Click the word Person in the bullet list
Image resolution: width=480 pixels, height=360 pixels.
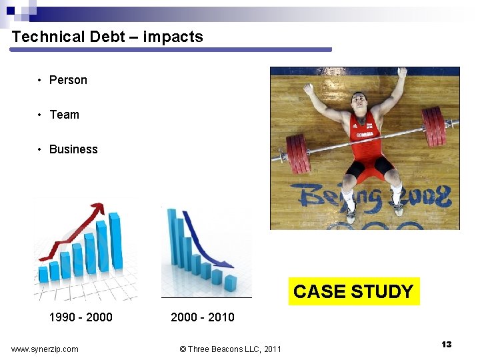(x=68, y=80)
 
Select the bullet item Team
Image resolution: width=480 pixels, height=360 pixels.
(x=64, y=115)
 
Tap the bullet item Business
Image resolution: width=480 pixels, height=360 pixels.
(x=73, y=149)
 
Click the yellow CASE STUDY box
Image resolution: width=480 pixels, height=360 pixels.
(x=353, y=291)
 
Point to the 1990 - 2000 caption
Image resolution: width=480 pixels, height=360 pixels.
(x=81, y=317)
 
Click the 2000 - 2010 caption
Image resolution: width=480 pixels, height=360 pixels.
(x=203, y=317)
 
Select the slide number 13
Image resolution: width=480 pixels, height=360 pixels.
(x=446, y=344)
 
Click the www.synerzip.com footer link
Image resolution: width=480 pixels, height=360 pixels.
(x=45, y=349)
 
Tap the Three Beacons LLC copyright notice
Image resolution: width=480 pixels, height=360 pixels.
(x=231, y=349)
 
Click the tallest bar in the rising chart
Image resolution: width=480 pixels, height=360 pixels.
(x=114, y=240)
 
